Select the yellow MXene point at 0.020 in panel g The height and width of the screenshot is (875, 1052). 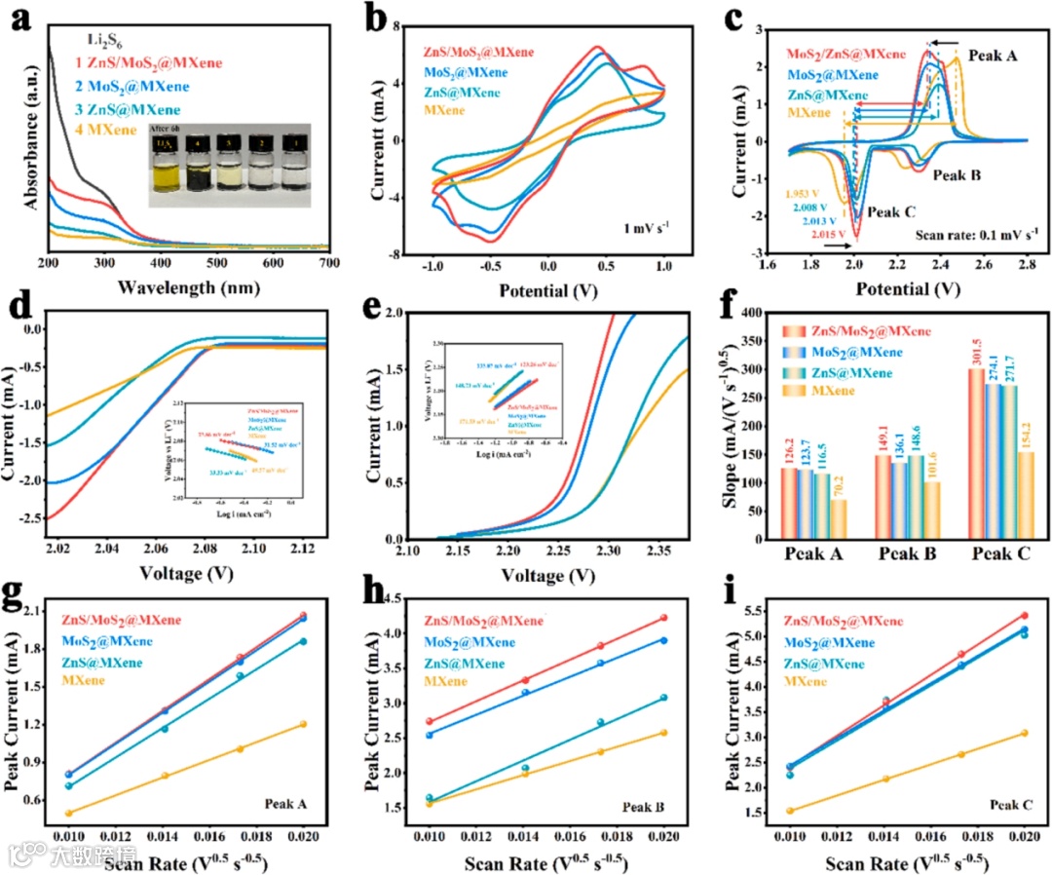pyautogui.click(x=303, y=724)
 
